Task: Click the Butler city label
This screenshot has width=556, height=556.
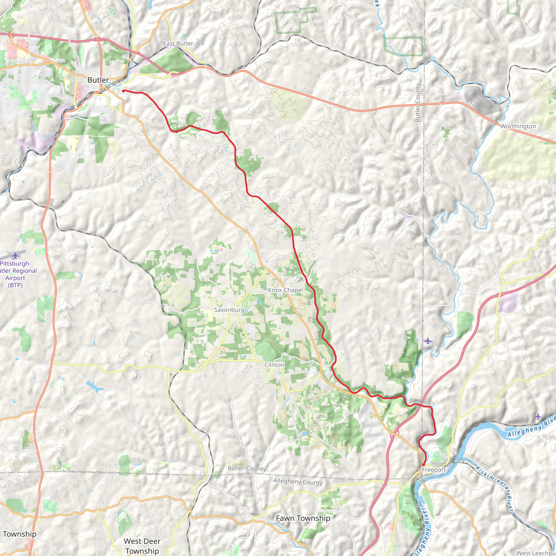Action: [x=98, y=80]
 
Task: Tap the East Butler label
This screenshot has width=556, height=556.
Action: [x=178, y=43]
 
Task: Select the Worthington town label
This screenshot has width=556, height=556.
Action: [x=518, y=126]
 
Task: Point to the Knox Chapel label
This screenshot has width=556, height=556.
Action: [x=285, y=290]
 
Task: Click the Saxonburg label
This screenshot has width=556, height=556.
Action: [x=229, y=310]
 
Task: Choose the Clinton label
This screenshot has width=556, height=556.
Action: [x=274, y=365]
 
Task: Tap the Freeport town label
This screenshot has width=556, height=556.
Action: [x=434, y=470]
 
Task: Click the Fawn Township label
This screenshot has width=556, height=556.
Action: [x=303, y=518]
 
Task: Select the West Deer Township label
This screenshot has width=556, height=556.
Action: [x=142, y=546]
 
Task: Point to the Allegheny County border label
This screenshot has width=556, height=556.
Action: [x=298, y=482]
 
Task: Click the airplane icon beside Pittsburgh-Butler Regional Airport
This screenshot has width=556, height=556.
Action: [x=15, y=255]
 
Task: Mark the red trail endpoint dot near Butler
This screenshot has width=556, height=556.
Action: [x=123, y=91]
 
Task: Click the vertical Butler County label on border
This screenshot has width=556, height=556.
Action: [x=418, y=103]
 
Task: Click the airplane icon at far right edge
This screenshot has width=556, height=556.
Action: [x=538, y=416]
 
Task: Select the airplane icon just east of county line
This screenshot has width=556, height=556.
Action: [x=428, y=341]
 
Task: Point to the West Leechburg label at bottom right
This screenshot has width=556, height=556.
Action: [x=536, y=553]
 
